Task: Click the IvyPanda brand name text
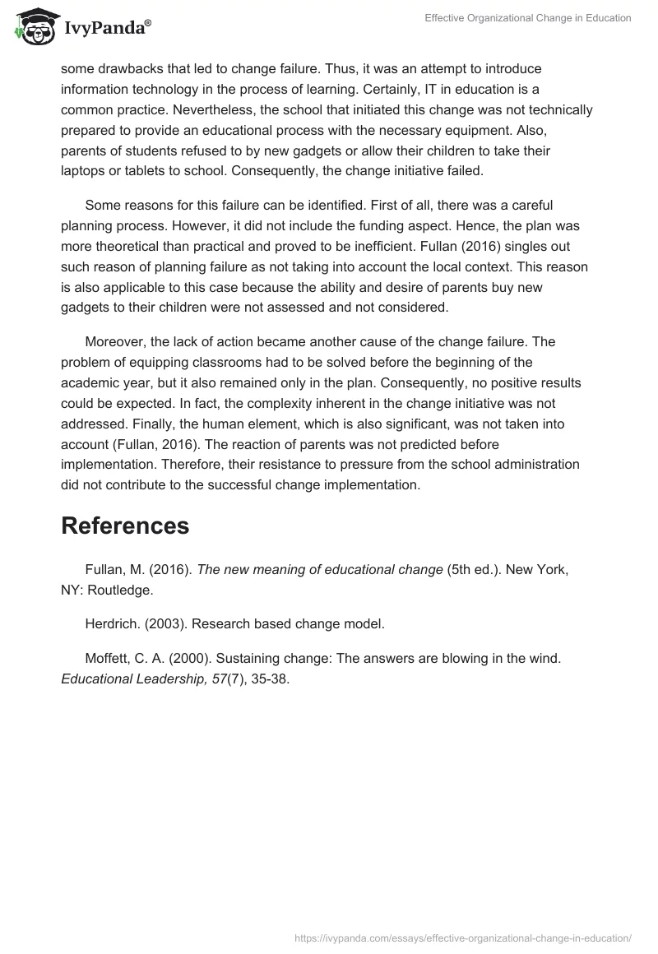click(x=106, y=29)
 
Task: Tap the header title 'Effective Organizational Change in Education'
click(x=528, y=18)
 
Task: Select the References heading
click(x=125, y=526)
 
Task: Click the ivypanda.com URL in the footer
click(x=463, y=937)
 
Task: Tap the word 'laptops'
click(x=83, y=171)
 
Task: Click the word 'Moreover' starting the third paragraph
click(x=115, y=341)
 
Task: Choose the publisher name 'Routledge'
click(x=120, y=590)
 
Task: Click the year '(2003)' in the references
click(x=168, y=623)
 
